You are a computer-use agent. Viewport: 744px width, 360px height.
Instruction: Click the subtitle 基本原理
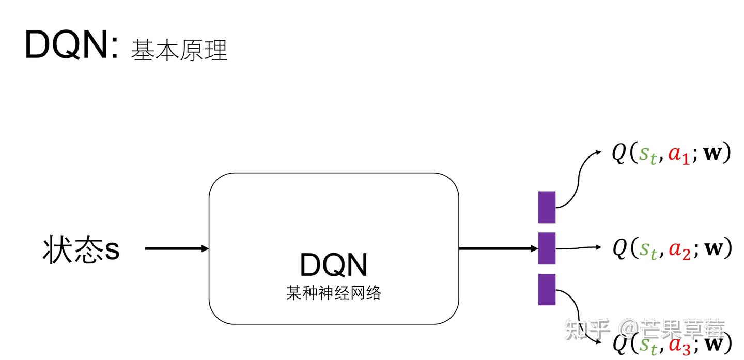pos(179,51)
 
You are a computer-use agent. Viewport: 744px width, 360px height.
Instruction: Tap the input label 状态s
pos(81,249)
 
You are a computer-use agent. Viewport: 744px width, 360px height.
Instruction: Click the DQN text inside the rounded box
pos(334,265)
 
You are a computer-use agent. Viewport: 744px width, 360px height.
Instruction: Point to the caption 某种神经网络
pos(334,293)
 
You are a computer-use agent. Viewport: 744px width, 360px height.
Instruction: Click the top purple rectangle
pos(547,207)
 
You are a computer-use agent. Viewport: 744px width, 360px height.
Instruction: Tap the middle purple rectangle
pos(547,248)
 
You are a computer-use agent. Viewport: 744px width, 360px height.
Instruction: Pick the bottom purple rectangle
pos(547,289)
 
